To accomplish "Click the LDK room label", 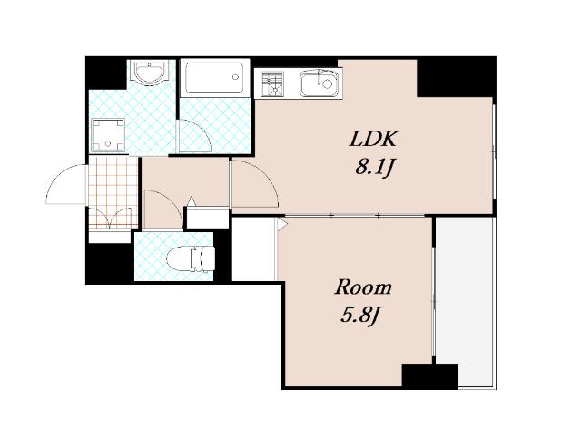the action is point(373,139).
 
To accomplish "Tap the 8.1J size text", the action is point(373,168).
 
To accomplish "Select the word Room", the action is point(363,287).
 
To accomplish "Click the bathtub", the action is point(215,77).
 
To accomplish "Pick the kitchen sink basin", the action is point(319,83).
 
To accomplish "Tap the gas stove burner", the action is point(272,84).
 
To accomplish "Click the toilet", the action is point(191,258).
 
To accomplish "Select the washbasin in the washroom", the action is point(151,72).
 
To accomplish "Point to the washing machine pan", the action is point(108,135).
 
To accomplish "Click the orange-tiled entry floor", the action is point(113,191).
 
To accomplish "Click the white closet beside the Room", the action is point(254,249).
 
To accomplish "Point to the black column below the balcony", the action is point(430,375).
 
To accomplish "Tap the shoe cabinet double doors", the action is point(110,216).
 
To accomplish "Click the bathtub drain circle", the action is point(235,77).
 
